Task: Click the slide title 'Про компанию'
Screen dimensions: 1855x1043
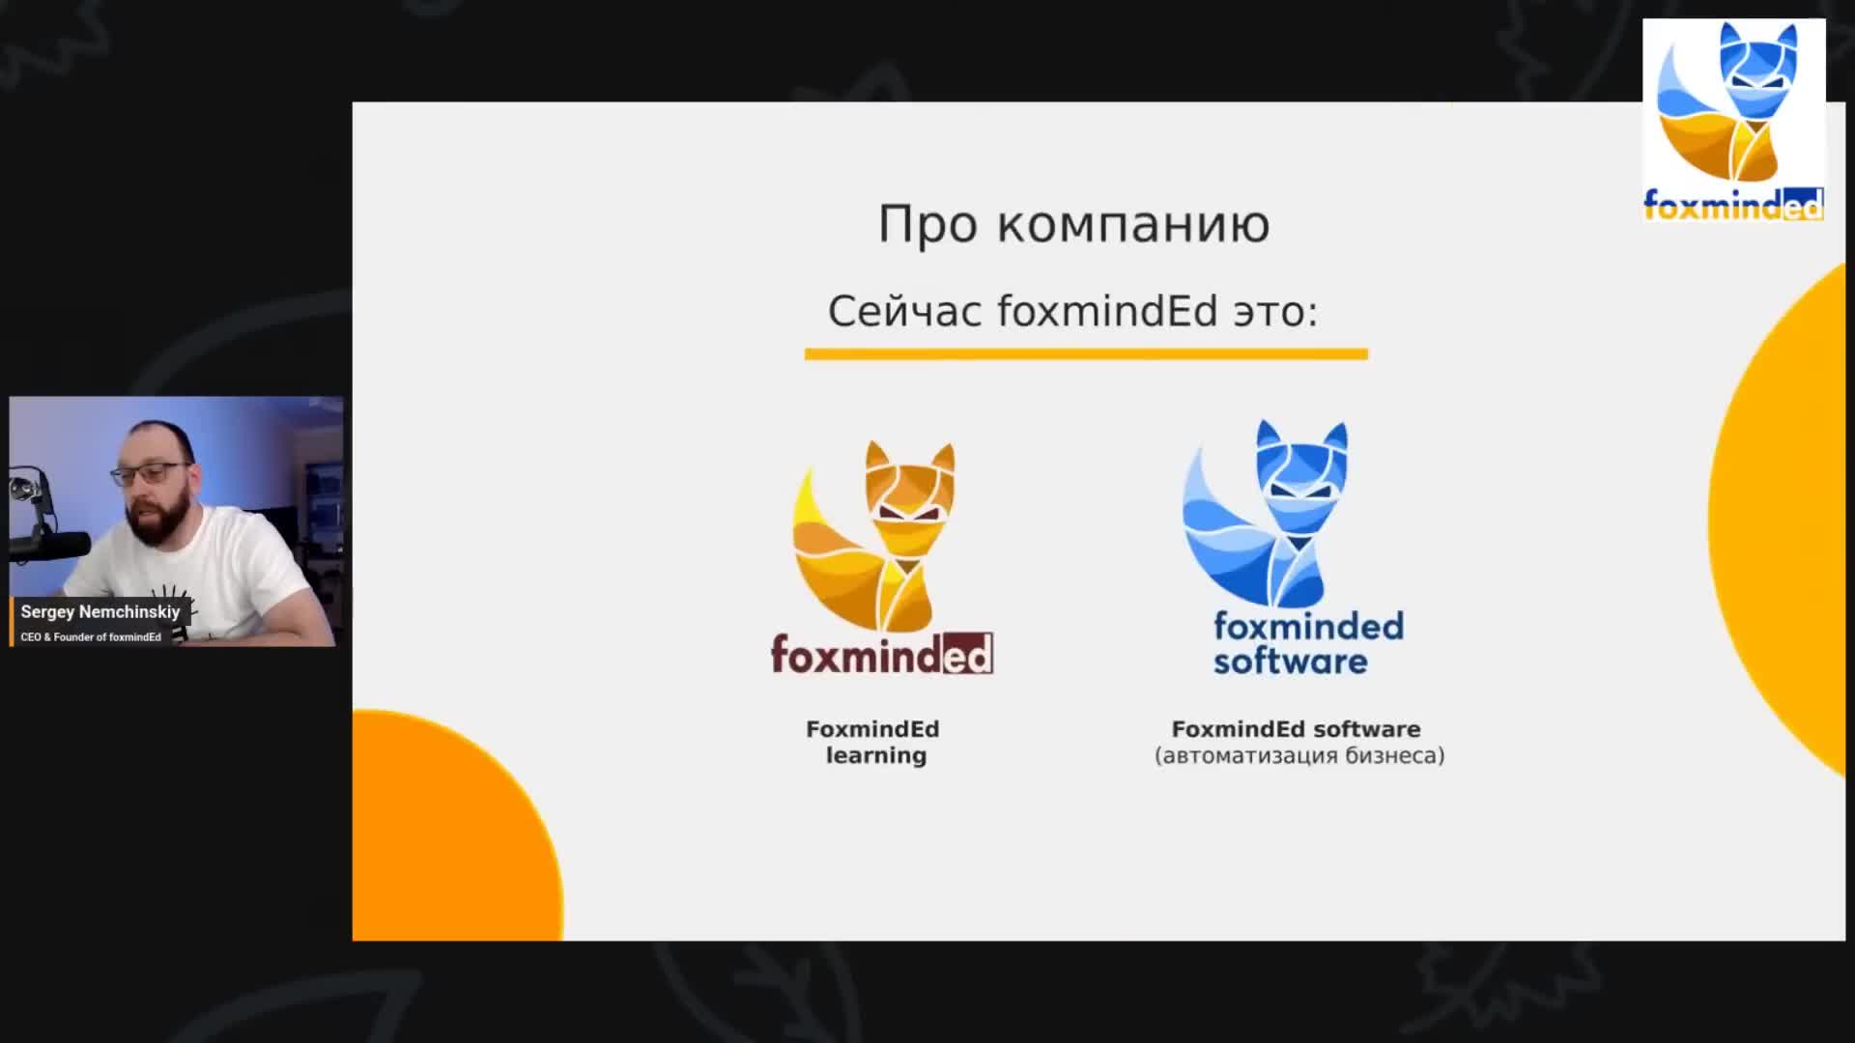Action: pos(1073,225)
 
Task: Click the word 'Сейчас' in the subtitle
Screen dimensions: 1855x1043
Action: pos(905,311)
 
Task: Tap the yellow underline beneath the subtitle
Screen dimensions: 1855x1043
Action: pos(1086,354)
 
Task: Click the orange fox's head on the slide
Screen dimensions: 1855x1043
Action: pos(909,488)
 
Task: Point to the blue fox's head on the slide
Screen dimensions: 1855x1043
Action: pos(1301,468)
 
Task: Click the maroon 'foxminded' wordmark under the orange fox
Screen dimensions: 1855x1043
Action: pos(881,654)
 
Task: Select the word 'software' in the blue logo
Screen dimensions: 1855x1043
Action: pos(1291,662)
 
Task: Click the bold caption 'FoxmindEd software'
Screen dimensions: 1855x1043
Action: pos(1296,729)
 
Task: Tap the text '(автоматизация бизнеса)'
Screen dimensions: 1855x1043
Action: pos(1299,755)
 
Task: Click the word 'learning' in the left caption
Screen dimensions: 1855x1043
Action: pos(875,756)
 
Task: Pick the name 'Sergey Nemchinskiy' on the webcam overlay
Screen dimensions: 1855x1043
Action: pos(100,612)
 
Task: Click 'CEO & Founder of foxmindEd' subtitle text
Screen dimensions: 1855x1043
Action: pos(91,637)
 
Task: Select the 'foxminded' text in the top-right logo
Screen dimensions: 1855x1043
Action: pos(1733,205)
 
